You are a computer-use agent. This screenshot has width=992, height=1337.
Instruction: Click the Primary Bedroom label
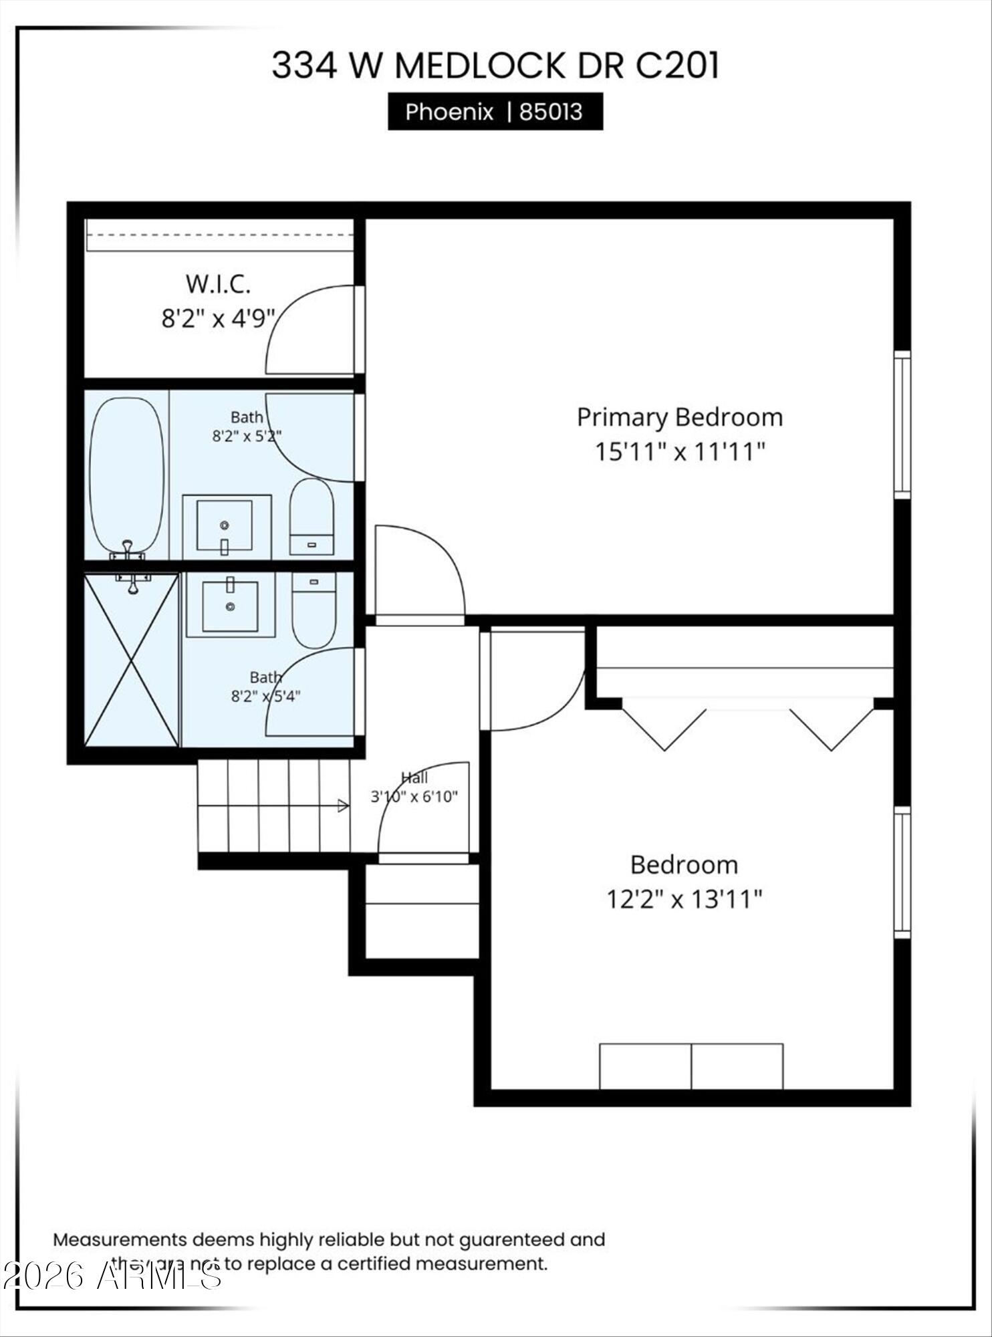tap(679, 417)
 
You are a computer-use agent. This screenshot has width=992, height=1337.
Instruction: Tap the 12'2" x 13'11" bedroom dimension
tap(684, 899)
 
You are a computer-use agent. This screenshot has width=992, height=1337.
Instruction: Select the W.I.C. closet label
tap(218, 284)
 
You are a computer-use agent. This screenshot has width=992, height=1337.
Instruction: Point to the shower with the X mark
tap(132, 660)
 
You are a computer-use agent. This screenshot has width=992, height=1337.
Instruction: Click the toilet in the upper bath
tap(312, 516)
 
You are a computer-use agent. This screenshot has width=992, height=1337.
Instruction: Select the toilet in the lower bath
tap(314, 610)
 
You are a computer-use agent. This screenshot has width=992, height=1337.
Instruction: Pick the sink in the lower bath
tap(230, 606)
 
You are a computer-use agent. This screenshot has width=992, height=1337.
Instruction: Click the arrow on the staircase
tap(342, 806)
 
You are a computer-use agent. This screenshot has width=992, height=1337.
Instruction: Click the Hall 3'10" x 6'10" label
tap(414, 787)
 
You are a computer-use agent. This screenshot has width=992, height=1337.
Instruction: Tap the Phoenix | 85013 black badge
tap(495, 112)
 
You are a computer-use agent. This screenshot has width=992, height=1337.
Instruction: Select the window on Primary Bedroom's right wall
tap(902, 424)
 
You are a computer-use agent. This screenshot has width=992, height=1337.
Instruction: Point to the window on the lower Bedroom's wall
tap(902, 872)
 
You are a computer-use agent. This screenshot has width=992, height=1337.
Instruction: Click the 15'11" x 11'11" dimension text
tap(679, 452)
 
